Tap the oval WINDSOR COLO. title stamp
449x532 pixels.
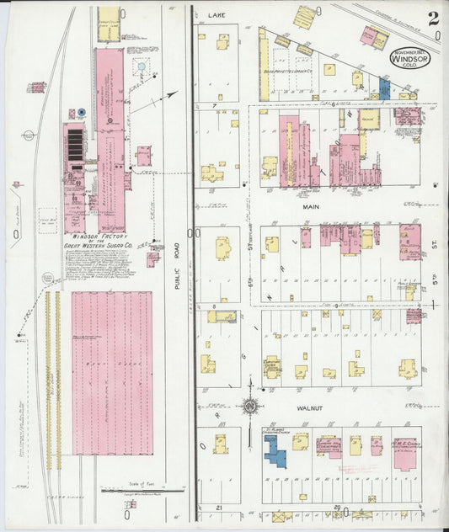(x=408, y=58)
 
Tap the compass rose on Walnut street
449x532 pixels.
(x=250, y=408)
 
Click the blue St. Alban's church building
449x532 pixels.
(x=275, y=447)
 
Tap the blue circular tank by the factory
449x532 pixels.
(x=82, y=111)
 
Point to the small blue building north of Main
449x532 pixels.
(x=384, y=88)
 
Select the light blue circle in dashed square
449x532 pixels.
(x=142, y=66)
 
